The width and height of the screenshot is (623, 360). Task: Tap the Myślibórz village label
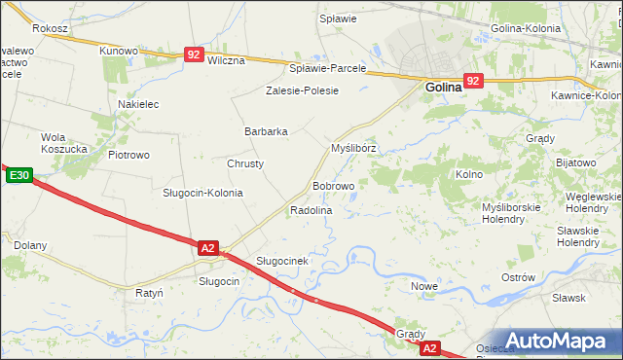353,148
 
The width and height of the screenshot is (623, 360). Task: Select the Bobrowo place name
333,185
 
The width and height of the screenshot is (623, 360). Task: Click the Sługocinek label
282,261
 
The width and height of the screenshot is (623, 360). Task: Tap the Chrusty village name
245,163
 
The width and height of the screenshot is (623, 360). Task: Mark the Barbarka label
266,131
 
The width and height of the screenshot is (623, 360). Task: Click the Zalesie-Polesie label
302,90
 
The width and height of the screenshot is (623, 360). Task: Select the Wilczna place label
226,59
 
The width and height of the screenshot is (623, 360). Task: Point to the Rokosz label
50,29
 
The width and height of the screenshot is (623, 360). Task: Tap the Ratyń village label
149,291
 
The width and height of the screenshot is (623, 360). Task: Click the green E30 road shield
19,176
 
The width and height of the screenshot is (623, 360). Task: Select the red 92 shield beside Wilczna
194,56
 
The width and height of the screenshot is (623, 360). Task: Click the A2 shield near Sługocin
207,248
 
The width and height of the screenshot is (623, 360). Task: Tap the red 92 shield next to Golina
473,82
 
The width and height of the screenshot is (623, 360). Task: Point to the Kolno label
469,174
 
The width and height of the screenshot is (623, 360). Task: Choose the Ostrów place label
518,277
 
